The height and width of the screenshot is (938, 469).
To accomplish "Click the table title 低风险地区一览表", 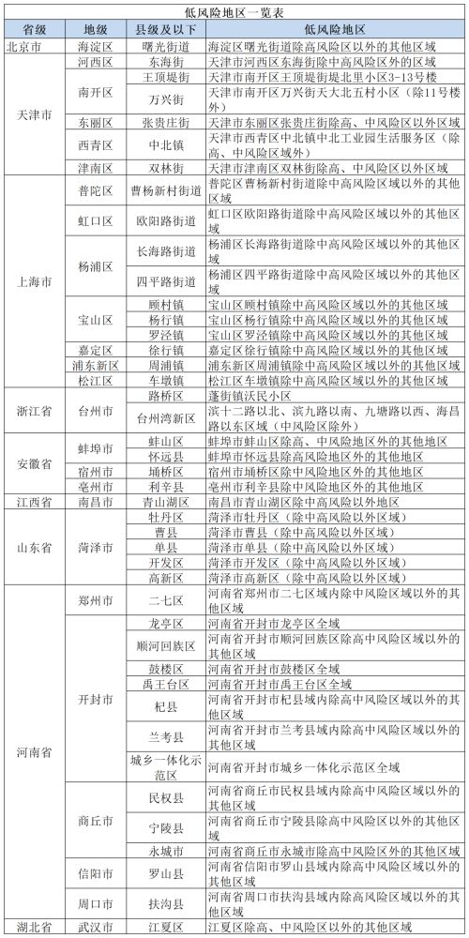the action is coord(234,11).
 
